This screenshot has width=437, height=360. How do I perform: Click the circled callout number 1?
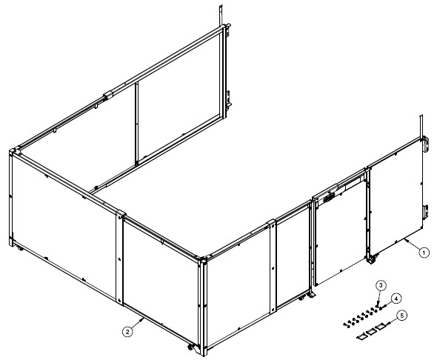[424, 253]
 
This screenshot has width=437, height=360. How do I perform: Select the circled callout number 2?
[127, 332]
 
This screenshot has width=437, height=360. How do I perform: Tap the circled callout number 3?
[381, 285]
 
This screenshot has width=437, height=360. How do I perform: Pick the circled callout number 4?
[396, 299]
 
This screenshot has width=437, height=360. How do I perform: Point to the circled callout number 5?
[401, 316]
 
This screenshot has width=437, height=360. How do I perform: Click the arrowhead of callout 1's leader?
[406, 239]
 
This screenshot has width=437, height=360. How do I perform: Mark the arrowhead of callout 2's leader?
[143, 319]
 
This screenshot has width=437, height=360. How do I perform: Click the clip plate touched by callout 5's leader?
[381, 326]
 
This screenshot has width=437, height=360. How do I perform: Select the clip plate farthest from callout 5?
[361, 337]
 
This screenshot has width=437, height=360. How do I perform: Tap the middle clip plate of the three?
[371, 332]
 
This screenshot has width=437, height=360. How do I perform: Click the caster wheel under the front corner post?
[190, 347]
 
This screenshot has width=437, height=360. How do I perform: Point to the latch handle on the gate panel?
[328, 198]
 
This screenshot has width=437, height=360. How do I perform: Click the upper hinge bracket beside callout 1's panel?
[425, 144]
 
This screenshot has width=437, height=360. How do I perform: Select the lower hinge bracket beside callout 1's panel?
[425, 211]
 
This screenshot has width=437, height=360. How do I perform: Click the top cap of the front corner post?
[203, 259]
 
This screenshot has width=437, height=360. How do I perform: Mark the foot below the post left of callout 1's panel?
[370, 261]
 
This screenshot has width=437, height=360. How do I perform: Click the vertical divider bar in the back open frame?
[136, 124]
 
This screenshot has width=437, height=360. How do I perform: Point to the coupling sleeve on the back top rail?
[108, 96]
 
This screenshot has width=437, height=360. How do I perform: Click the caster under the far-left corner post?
[19, 248]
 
